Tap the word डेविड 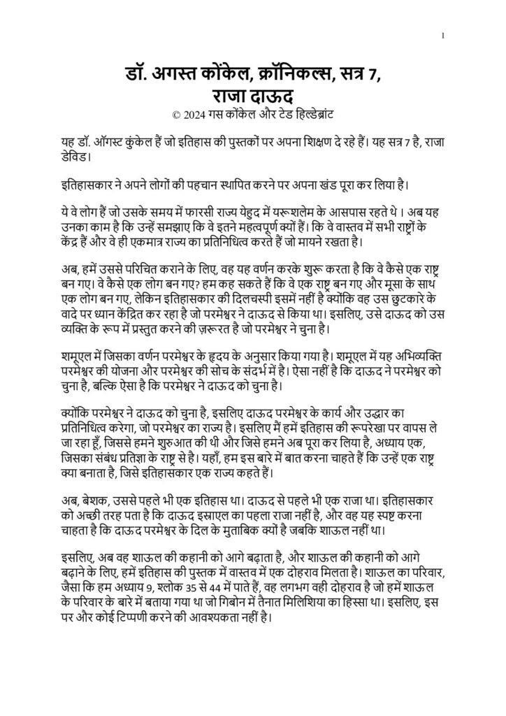[75, 157]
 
